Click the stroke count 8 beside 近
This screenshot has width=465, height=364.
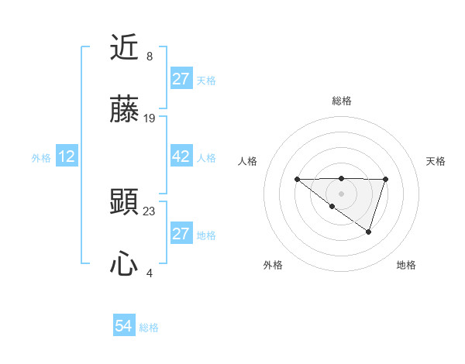pyautogui.click(x=150, y=57)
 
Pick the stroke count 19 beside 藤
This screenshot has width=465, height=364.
pyautogui.click(x=150, y=118)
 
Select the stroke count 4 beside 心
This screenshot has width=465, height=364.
pyautogui.click(x=150, y=273)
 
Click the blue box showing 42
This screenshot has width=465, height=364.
pyautogui.click(x=181, y=156)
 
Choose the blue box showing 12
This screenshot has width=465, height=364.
pyautogui.click(x=67, y=156)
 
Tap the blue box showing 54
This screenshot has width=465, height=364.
pyautogui.click(x=124, y=326)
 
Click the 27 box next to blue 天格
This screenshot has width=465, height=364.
pyautogui.click(x=181, y=79)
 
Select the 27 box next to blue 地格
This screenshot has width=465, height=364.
pyautogui.click(x=181, y=234)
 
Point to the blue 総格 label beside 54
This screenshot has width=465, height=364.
pyautogui.click(x=149, y=328)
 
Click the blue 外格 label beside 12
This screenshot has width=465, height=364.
pyautogui.click(x=41, y=158)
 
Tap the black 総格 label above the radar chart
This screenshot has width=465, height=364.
pyautogui.click(x=342, y=101)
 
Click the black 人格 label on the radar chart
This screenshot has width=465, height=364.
pyautogui.click(x=249, y=161)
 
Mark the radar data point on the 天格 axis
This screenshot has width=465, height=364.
pyautogui.click(x=385, y=180)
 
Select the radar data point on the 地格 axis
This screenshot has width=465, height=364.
pyautogui.click(x=369, y=232)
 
